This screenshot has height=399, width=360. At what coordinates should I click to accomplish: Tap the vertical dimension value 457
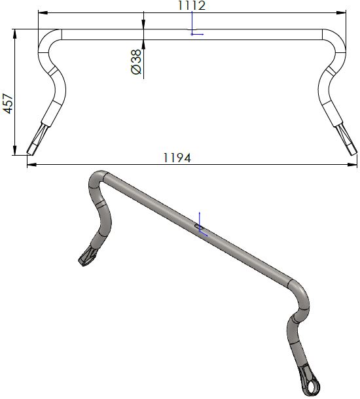tap(9, 103)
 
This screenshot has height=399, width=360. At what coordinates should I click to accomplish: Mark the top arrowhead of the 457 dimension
tap(14, 32)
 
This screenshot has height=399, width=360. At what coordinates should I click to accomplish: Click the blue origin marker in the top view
tap(192, 34)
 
